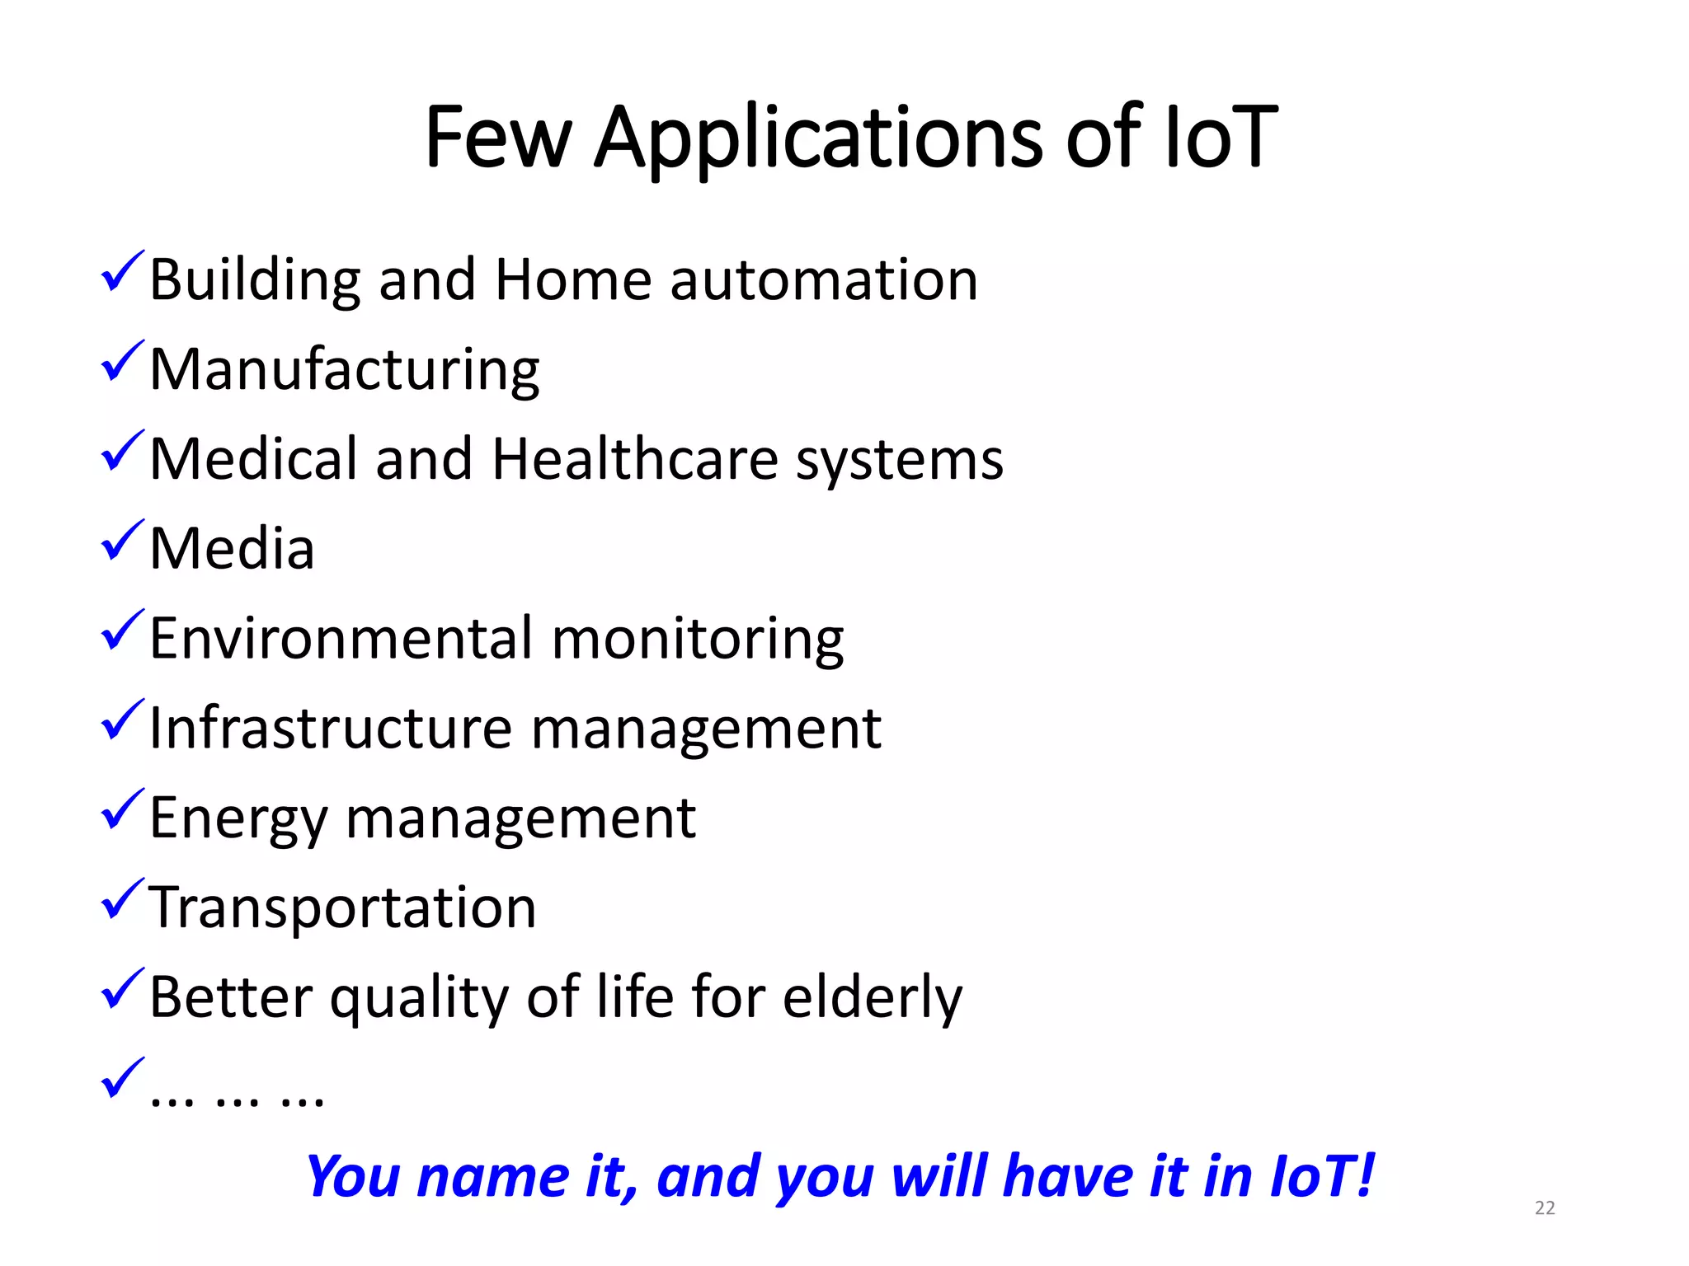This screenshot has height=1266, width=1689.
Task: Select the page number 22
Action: [1545, 1208]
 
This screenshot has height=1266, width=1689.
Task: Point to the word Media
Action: [232, 549]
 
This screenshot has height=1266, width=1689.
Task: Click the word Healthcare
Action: [635, 459]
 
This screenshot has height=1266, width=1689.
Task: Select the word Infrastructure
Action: [331, 729]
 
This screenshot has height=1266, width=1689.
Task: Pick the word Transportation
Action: [342, 907]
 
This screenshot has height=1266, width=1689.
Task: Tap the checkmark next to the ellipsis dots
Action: [122, 1079]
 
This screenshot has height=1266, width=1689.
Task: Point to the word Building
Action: [254, 281]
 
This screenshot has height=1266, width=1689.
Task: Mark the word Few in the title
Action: [497, 138]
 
